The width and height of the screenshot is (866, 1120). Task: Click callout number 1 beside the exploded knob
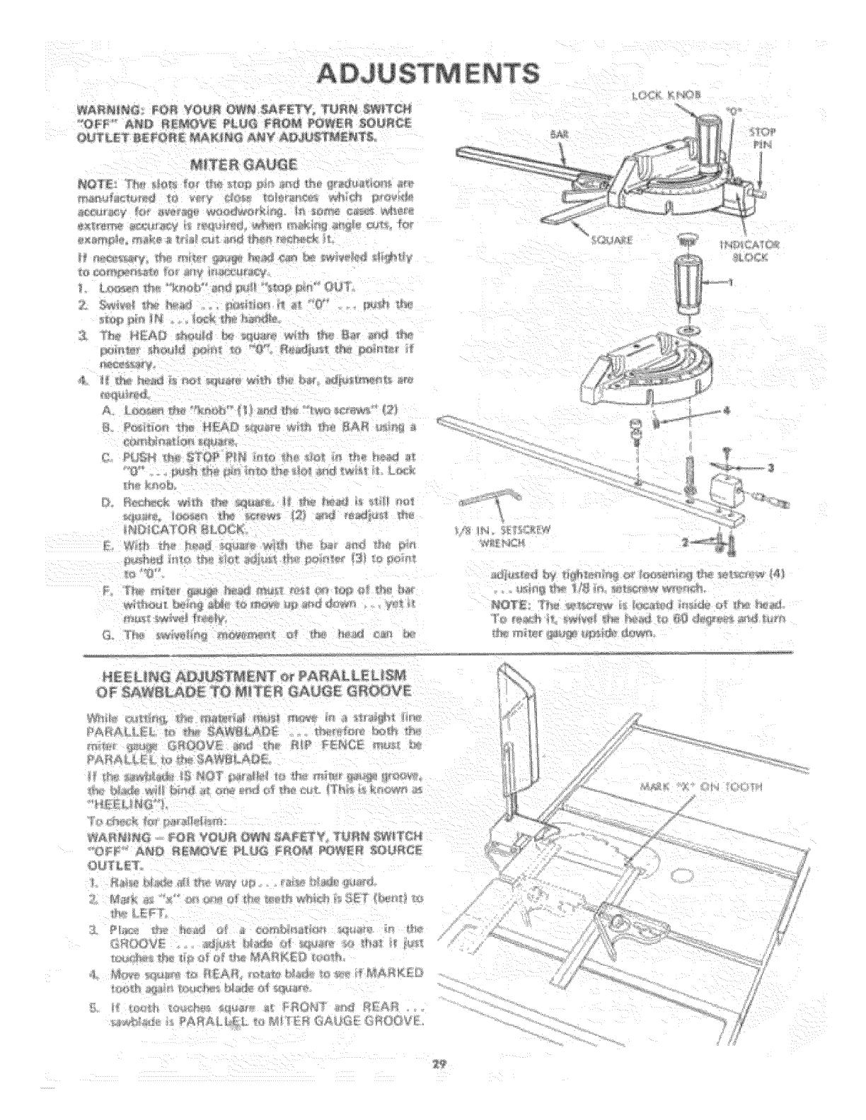(x=743, y=279)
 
